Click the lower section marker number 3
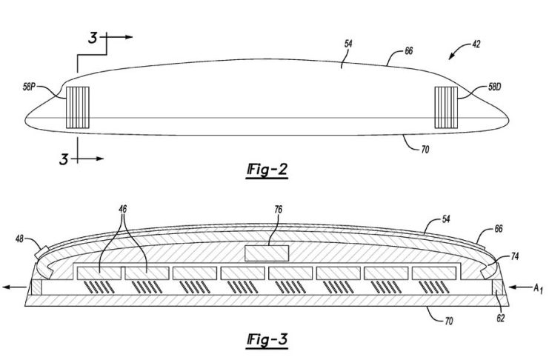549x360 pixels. pos(64,156)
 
